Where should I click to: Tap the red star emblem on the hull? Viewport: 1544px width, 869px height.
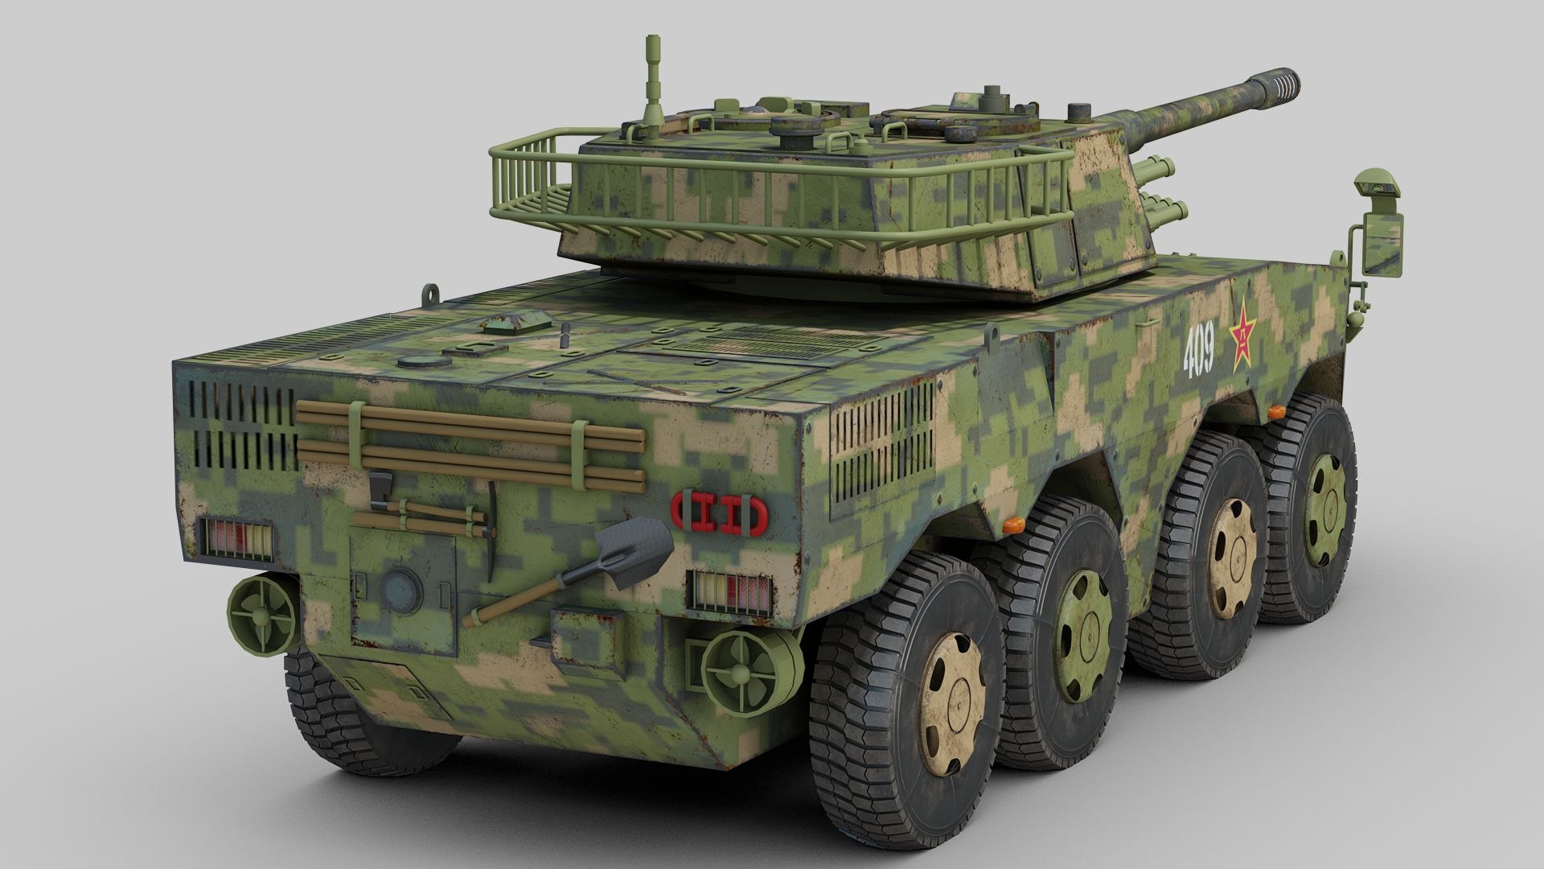1243,334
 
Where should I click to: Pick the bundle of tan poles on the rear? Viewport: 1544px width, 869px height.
470,445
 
